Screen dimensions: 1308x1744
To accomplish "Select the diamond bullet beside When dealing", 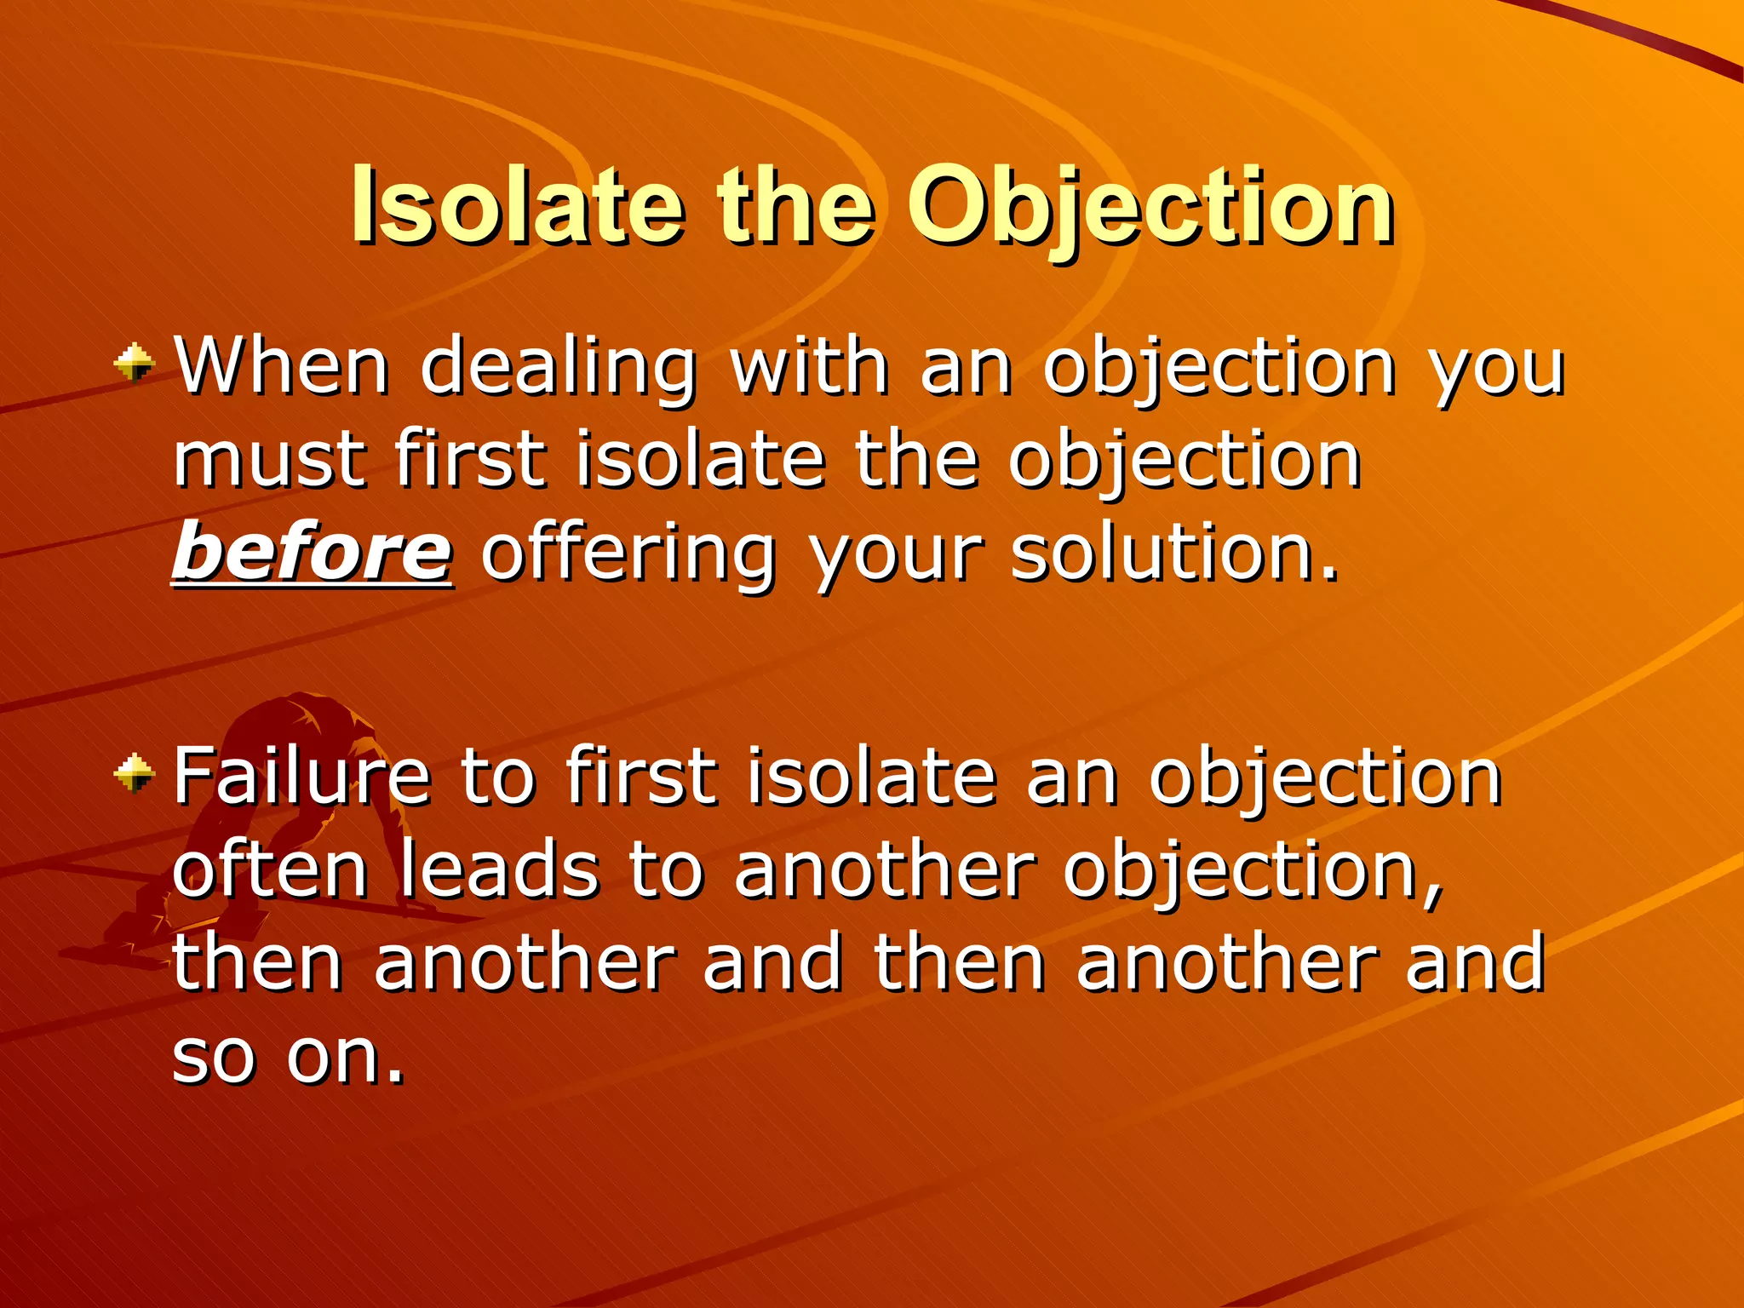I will point(135,364).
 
